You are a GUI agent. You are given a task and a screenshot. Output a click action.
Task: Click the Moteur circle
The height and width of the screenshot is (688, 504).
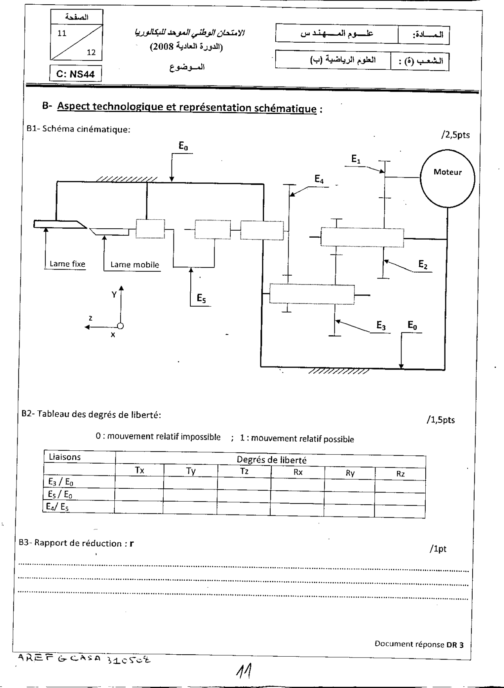[x=447, y=178]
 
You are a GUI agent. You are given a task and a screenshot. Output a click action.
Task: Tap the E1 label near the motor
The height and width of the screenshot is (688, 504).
[x=356, y=159]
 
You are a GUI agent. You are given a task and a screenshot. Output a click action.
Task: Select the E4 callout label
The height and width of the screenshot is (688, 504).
[x=319, y=180]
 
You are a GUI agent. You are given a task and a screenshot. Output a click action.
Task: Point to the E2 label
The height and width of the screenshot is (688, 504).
[x=423, y=265]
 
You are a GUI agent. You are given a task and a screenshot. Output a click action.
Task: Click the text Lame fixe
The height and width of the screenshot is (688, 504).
[x=67, y=264]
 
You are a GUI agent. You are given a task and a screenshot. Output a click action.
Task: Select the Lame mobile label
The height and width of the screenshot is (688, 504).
[x=135, y=265]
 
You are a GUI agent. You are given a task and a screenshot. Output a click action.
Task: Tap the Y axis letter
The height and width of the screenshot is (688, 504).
[x=114, y=294]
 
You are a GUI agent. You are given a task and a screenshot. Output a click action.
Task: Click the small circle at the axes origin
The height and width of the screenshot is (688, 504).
[x=121, y=326]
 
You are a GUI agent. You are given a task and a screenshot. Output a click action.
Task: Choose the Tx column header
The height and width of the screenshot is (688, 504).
[x=139, y=470]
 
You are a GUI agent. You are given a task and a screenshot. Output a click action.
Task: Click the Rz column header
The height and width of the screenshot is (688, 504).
[x=400, y=474]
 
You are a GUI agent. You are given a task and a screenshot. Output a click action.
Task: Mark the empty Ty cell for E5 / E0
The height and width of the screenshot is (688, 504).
[x=190, y=495]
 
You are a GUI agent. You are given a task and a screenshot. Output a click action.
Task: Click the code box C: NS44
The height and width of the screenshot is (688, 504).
[x=76, y=74]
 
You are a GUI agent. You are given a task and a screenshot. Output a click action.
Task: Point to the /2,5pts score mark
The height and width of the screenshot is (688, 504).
[x=455, y=135]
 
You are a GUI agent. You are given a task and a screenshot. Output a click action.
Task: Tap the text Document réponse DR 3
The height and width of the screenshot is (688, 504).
[x=419, y=644]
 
